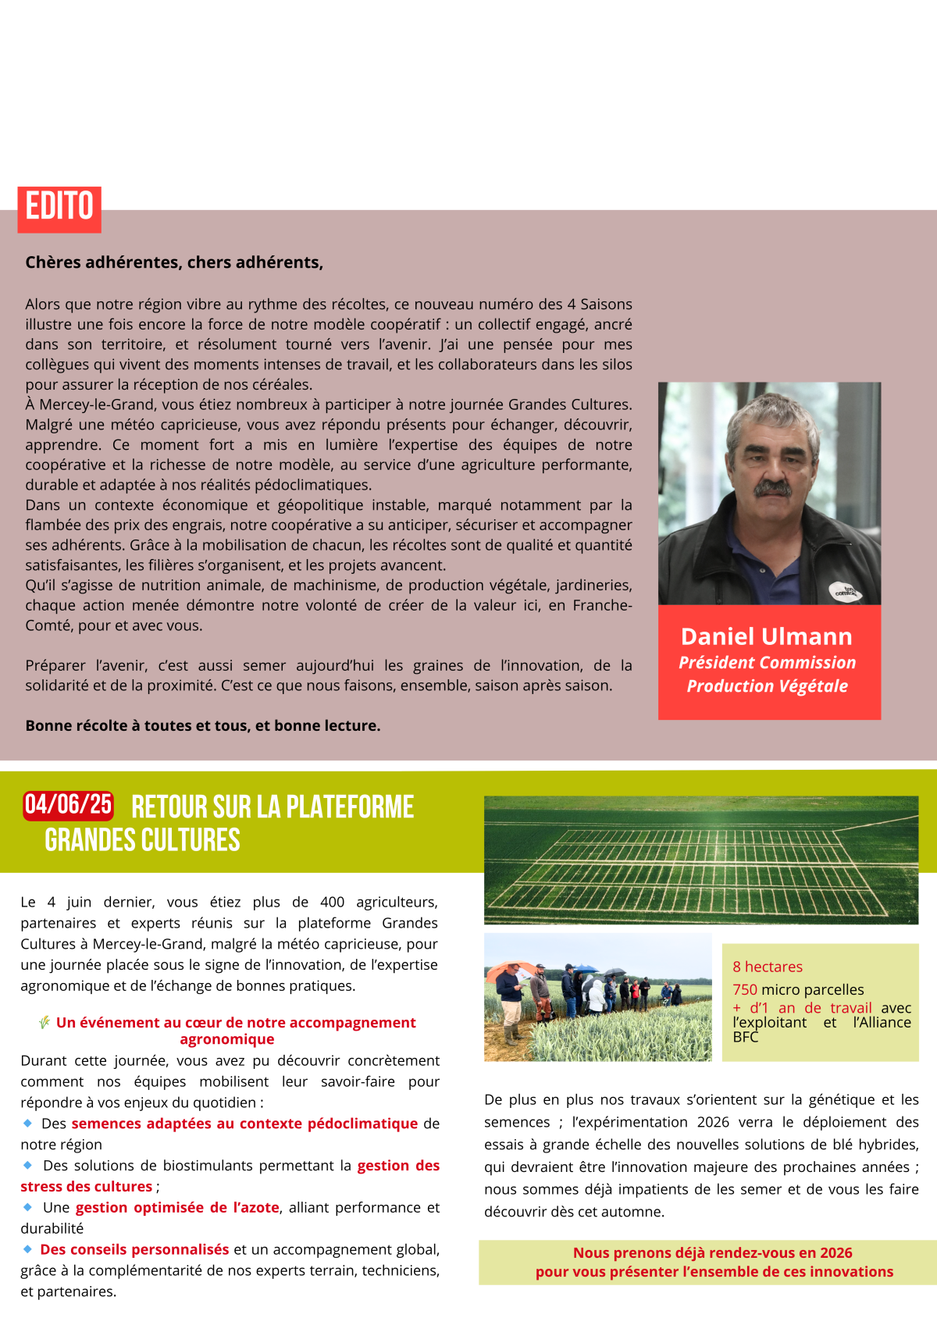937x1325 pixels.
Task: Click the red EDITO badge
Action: pyautogui.click(x=59, y=208)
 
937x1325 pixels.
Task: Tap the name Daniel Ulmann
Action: pyautogui.click(x=766, y=636)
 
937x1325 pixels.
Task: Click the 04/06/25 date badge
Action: pyautogui.click(x=68, y=804)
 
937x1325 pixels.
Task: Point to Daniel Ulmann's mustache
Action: pyautogui.click(x=773, y=488)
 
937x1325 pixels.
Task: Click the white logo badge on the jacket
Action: pyautogui.click(x=843, y=591)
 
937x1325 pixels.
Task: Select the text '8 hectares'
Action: pyautogui.click(x=767, y=967)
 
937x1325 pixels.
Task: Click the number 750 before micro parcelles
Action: pyautogui.click(x=745, y=989)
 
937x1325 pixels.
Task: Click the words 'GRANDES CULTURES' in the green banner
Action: pyautogui.click(x=142, y=840)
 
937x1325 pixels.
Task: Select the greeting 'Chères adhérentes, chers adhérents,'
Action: pyautogui.click(x=174, y=262)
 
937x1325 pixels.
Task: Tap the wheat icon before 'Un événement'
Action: pyautogui.click(x=45, y=1022)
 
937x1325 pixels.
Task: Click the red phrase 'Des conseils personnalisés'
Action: pyautogui.click(x=134, y=1249)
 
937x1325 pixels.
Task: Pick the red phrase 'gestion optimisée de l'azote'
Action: pyautogui.click(x=177, y=1207)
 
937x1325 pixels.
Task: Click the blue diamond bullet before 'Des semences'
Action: pyautogui.click(x=28, y=1123)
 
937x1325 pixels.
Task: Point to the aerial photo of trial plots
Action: pyautogui.click(x=700, y=860)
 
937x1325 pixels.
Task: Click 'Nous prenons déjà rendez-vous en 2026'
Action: pyautogui.click(x=712, y=1252)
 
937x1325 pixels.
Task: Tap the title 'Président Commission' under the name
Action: pyautogui.click(x=767, y=663)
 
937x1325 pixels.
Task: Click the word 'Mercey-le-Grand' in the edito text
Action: pyautogui.click(x=92, y=404)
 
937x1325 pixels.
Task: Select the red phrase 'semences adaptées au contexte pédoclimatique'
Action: pyautogui.click(x=244, y=1124)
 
